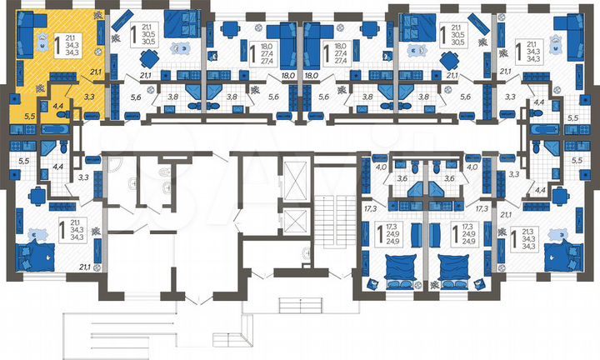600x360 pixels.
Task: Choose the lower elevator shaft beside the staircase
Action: [294, 222]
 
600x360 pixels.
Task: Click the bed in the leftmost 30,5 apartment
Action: [177, 22]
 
